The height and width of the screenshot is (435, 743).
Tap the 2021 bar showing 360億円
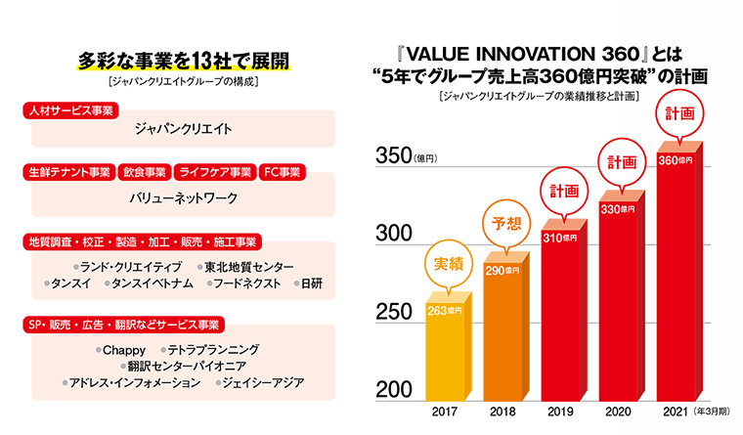point(677,274)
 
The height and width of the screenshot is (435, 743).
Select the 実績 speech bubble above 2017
point(445,263)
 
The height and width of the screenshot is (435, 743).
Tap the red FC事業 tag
point(284,173)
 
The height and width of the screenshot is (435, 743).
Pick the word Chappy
point(124,348)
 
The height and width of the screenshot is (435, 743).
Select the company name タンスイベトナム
point(143,283)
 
